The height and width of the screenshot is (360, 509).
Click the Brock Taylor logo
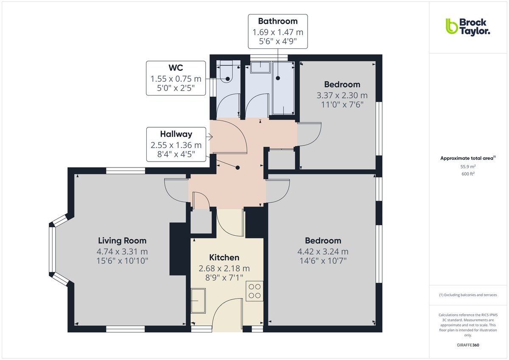pyautogui.click(x=468, y=27)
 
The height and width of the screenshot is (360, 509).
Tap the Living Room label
pyautogui.click(x=122, y=240)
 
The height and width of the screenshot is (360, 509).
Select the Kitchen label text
pyautogui.click(x=224, y=257)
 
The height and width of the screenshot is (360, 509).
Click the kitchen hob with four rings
pyautogui.click(x=255, y=291)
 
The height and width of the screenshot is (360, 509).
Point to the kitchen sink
pyautogui.click(x=198, y=301)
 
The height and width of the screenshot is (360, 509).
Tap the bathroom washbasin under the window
pyautogui.click(x=260, y=67)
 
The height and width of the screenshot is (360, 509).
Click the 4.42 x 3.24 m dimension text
pyautogui.click(x=323, y=251)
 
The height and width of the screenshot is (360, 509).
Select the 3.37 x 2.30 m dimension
pyautogui.click(x=342, y=95)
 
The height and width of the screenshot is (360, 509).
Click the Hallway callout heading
pyautogui.click(x=176, y=134)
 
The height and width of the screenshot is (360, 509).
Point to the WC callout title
pyautogui.click(x=176, y=68)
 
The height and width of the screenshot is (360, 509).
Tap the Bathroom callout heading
pyautogui.click(x=278, y=21)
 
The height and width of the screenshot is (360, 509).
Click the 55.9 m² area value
pyautogui.click(x=468, y=167)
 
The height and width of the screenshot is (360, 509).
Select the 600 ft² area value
pyautogui.click(x=468, y=174)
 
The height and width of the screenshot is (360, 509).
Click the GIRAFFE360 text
pyautogui.click(x=468, y=345)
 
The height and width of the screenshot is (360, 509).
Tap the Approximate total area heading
pyautogui.click(x=468, y=158)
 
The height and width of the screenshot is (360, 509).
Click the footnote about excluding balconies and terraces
pyautogui.click(x=468, y=295)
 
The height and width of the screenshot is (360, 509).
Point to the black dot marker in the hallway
pyautogui.click(x=238, y=167)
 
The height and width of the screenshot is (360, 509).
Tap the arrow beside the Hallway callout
pyautogui.click(x=209, y=137)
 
